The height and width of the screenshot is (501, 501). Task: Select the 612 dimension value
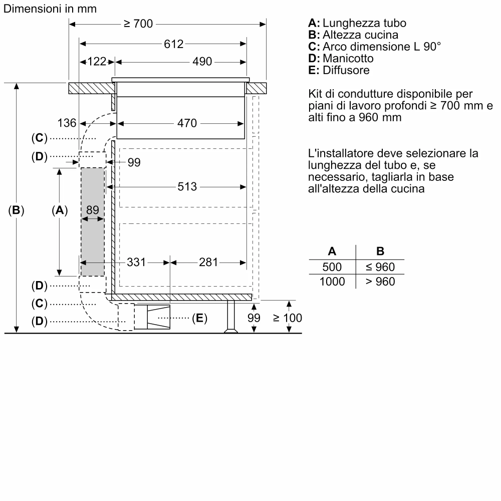[x=173, y=44]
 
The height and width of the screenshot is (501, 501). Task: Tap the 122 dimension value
[x=97, y=62]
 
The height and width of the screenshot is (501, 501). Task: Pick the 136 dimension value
[x=67, y=123]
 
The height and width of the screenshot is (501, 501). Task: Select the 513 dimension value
[x=187, y=187]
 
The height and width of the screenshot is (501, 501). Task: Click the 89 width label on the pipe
[x=93, y=210]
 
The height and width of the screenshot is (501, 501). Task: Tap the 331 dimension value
[x=136, y=262]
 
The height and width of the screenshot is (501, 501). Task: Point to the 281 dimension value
[x=209, y=262]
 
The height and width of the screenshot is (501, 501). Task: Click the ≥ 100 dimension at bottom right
[x=288, y=318]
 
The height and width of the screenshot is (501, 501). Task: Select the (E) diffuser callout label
[x=199, y=318]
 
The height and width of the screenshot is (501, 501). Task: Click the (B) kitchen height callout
[x=17, y=211]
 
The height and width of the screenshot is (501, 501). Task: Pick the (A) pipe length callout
[x=60, y=211]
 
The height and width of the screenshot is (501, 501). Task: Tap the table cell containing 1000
[x=332, y=282]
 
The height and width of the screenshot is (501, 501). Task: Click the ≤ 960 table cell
[x=380, y=267]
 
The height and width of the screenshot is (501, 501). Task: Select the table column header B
[x=380, y=252]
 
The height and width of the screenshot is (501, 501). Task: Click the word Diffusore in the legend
[x=346, y=70]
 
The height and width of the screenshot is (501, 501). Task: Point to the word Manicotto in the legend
[x=348, y=59]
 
